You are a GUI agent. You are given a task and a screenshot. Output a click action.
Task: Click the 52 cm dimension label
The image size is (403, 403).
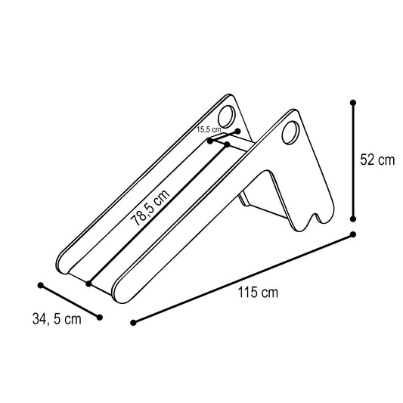(377, 160)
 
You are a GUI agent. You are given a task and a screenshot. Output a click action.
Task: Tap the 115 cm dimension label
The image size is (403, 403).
(258, 292)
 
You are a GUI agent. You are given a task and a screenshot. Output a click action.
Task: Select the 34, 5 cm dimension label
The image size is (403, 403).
(57, 319)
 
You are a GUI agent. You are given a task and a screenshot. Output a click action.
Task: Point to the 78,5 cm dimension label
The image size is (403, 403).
(150, 207)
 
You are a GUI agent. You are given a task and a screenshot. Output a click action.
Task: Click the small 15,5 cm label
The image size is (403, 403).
(209, 129)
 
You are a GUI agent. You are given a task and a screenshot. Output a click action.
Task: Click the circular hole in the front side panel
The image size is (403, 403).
(290, 133)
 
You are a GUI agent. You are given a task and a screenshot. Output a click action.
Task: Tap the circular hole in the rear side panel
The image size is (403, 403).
(226, 116)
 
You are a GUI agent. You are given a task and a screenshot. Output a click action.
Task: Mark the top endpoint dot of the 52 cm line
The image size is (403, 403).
(353, 103)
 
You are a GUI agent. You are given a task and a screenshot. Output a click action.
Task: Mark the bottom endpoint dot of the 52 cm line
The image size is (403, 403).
(353, 219)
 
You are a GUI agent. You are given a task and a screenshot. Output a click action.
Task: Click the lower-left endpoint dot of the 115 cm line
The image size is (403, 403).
(133, 323)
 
